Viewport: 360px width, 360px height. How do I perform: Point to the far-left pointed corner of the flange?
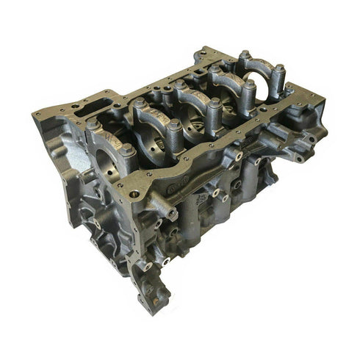click(35, 115)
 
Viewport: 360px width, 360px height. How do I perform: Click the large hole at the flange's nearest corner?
click(148, 176)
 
